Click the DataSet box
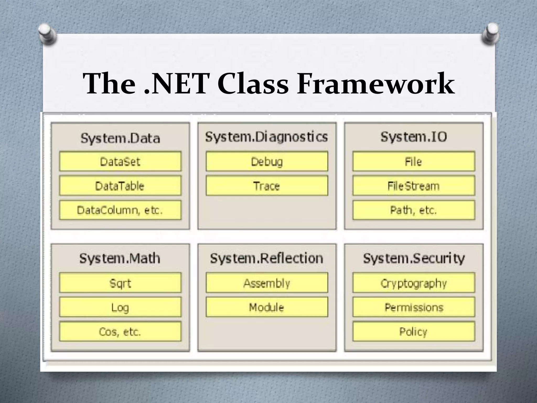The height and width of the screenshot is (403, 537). [120, 161]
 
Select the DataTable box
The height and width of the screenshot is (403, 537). [120, 186]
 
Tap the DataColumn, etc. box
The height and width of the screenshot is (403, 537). [120, 210]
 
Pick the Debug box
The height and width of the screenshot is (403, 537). [267, 161]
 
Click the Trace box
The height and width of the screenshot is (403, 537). [267, 186]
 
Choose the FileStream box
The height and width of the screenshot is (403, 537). [414, 186]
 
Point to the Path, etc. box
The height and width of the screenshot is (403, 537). [414, 210]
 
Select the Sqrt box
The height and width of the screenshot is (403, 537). [120, 283]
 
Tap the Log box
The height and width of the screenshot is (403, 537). [120, 307]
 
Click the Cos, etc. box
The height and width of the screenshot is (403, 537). [120, 332]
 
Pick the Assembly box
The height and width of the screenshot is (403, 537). [267, 283]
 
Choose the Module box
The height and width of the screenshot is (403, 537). [267, 307]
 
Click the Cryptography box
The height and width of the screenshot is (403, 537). [414, 283]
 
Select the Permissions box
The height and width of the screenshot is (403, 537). [414, 307]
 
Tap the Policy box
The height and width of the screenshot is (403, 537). [414, 332]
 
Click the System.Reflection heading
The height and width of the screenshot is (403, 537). [266, 258]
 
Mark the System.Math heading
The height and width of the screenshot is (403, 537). [120, 258]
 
